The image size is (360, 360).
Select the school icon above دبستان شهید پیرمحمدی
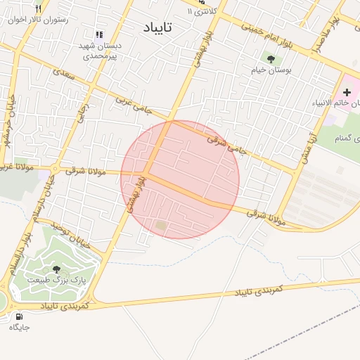(98, 34)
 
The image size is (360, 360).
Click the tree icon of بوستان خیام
(271, 59)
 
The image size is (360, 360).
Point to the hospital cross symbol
(347, 93)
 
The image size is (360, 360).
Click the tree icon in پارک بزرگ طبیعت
(56, 269)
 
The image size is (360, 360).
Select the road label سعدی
(63, 72)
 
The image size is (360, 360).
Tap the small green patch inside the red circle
(162, 226)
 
